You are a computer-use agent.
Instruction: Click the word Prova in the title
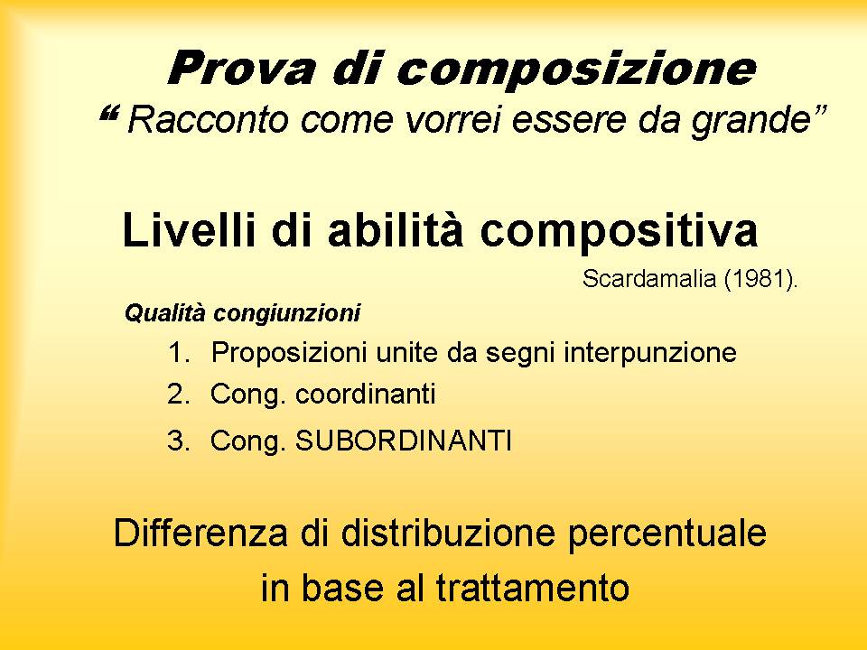coord(242,68)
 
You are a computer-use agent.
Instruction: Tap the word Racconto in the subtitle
coord(208,119)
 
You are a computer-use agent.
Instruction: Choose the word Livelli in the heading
coord(189,230)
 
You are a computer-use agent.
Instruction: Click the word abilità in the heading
coord(395,230)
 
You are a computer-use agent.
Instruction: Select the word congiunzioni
coord(287,314)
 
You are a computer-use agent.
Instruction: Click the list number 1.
coord(178,353)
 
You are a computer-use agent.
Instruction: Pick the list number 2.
coord(178,395)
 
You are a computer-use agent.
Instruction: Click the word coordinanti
coord(366,395)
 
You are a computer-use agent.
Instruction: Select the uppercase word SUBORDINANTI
coord(404,441)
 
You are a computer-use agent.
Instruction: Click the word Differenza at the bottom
coord(200,533)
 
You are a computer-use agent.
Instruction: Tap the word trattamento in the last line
coord(533,587)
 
